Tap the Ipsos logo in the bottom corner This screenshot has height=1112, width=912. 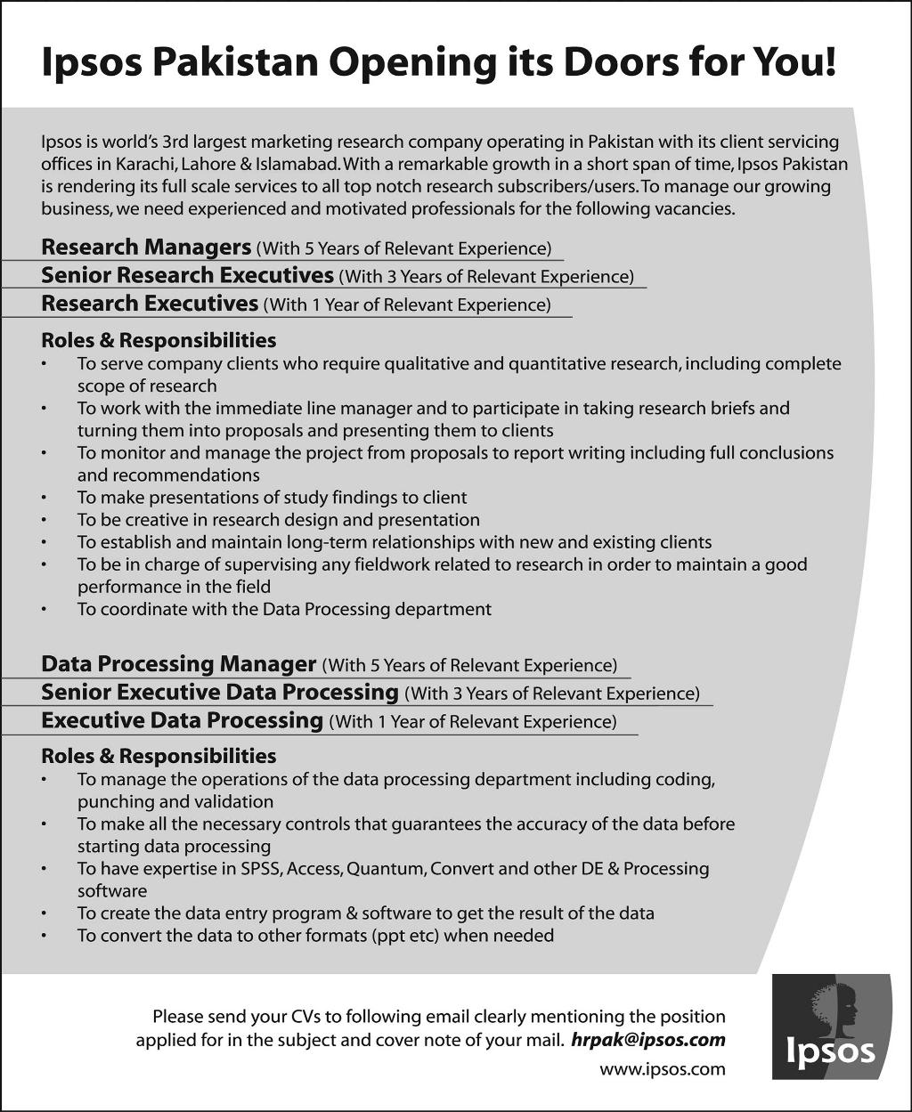click(x=831, y=1026)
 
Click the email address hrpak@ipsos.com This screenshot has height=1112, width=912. click(x=647, y=1040)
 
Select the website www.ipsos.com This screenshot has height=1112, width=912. click(x=662, y=1069)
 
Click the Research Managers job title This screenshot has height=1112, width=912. click(x=146, y=247)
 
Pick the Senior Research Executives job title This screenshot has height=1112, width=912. click(x=187, y=275)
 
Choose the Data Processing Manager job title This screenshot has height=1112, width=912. click(x=178, y=664)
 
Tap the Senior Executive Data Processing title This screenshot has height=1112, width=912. click(x=219, y=692)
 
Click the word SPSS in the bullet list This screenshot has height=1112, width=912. click(x=260, y=868)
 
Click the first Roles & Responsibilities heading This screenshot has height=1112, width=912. click(x=159, y=340)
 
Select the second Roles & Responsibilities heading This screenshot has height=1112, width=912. click(x=159, y=756)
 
